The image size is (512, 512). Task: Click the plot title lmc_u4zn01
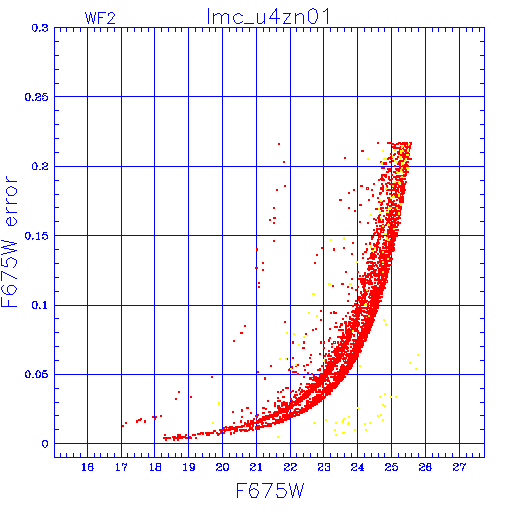pyautogui.click(x=268, y=16)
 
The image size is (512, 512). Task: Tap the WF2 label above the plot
pyautogui.click(x=100, y=18)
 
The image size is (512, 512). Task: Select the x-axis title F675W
pyautogui.click(x=270, y=490)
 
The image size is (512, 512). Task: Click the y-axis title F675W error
pyautogui.click(x=9, y=242)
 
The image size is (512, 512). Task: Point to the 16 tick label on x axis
pyautogui.click(x=87, y=467)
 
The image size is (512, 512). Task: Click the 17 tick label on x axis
pyautogui.click(x=121, y=467)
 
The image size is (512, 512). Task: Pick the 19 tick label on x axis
pyautogui.click(x=189, y=467)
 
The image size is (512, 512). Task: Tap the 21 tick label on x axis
pyautogui.click(x=256, y=467)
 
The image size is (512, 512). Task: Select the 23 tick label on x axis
pyautogui.click(x=324, y=467)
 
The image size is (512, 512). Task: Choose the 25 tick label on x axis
pyautogui.click(x=391, y=467)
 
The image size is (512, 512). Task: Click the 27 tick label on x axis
pyautogui.click(x=459, y=467)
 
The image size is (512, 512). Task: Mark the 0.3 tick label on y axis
pyautogui.click(x=40, y=28)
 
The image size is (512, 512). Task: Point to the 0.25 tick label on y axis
pyautogui.click(x=37, y=97)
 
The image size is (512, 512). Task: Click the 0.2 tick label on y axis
pyautogui.click(x=40, y=166)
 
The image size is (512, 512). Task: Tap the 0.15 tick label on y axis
pyautogui.click(x=37, y=236)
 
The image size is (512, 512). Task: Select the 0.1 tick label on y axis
pyautogui.click(x=40, y=305)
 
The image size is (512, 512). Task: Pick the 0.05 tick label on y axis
pyautogui.click(x=37, y=374)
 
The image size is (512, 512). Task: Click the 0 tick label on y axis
pyautogui.click(x=45, y=444)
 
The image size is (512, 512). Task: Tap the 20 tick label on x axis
pyautogui.click(x=222, y=467)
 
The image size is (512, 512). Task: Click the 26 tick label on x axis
pyautogui.click(x=425, y=467)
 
